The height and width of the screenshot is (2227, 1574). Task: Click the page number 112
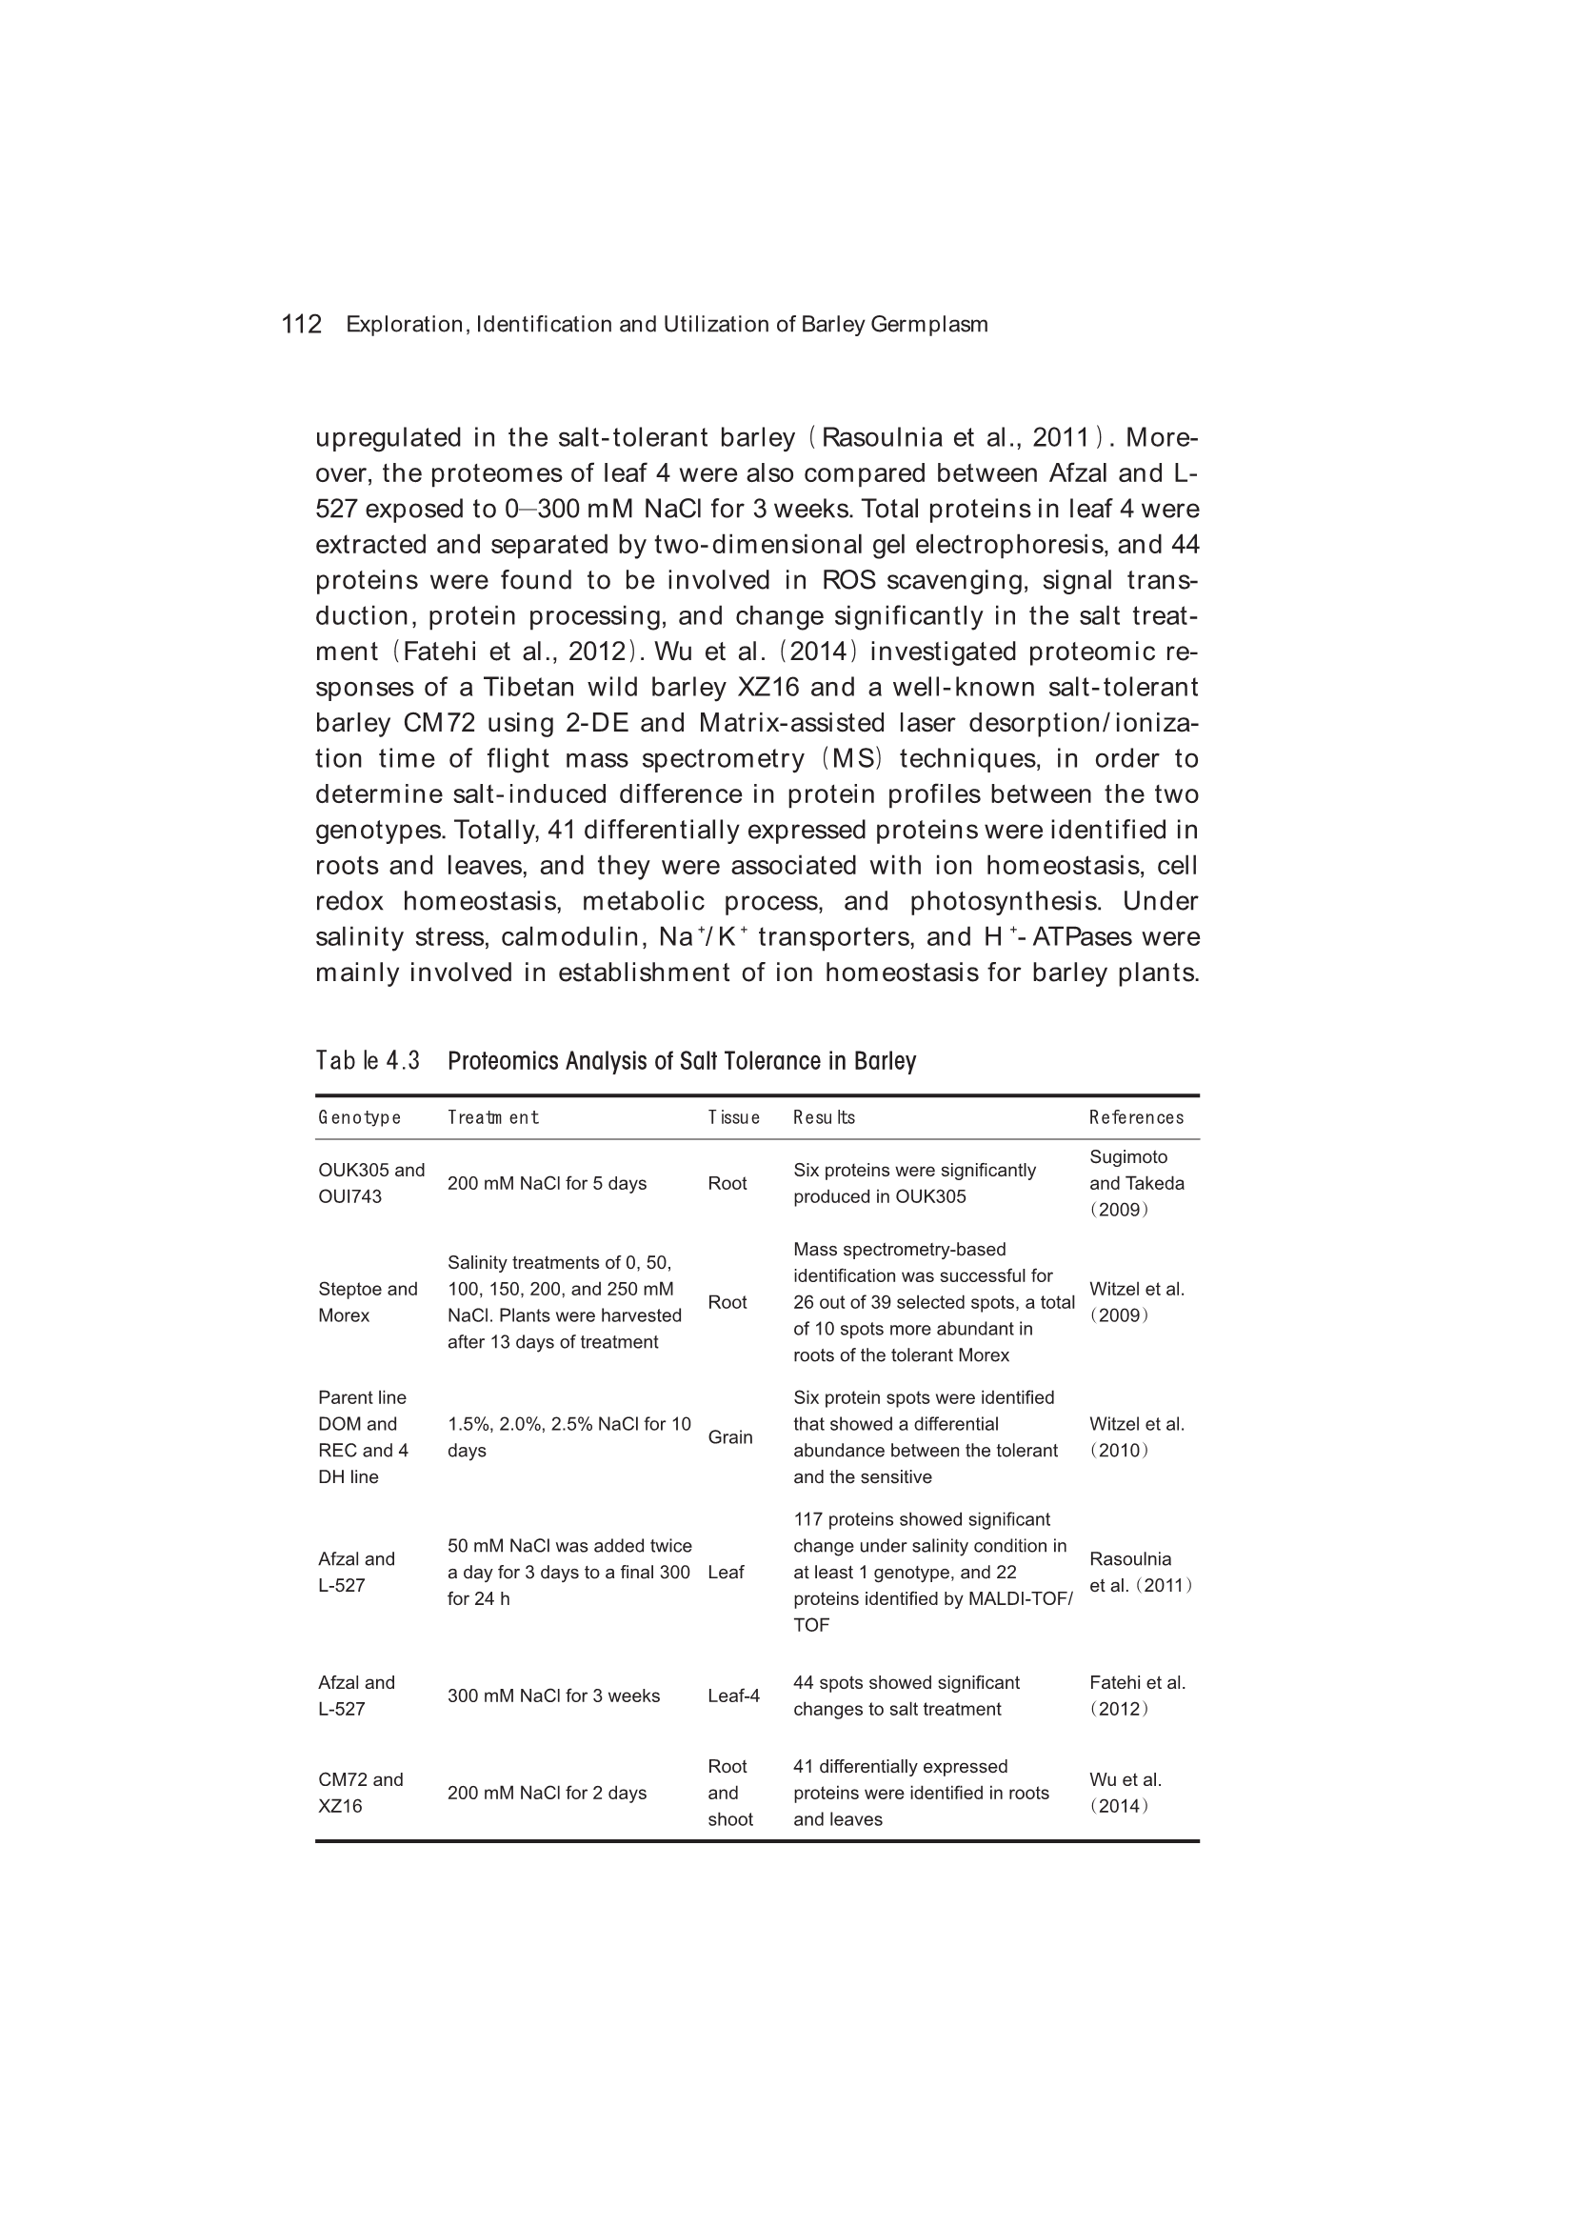pos(301,324)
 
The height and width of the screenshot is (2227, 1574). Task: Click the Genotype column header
pos(359,1117)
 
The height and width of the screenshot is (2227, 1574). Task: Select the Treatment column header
pos(492,1117)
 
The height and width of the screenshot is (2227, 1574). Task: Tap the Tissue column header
pos(733,1117)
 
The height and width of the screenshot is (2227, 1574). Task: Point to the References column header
pos(1136,1117)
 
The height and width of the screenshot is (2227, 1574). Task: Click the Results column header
pos(824,1117)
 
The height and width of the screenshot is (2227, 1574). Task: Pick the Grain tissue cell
pos(729,1437)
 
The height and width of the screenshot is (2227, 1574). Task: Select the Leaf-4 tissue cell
pos(733,1695)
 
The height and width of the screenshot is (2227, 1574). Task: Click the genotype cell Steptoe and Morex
pos(368,1302)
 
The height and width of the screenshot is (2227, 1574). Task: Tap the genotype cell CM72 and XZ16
pos(360,1793)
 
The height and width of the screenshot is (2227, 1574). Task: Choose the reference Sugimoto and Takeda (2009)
pos(1136,1183)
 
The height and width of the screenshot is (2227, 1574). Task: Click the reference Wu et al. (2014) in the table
pos(1125,1793)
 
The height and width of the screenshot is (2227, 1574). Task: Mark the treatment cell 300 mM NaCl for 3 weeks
pos(553,1695)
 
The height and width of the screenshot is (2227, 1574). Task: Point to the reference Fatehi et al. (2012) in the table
pos(1137,1695)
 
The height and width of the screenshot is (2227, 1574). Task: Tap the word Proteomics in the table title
pos(504,1061)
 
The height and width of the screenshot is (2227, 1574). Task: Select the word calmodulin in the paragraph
pos(574,937)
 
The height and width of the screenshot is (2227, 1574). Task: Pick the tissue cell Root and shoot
pos(729,1793)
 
